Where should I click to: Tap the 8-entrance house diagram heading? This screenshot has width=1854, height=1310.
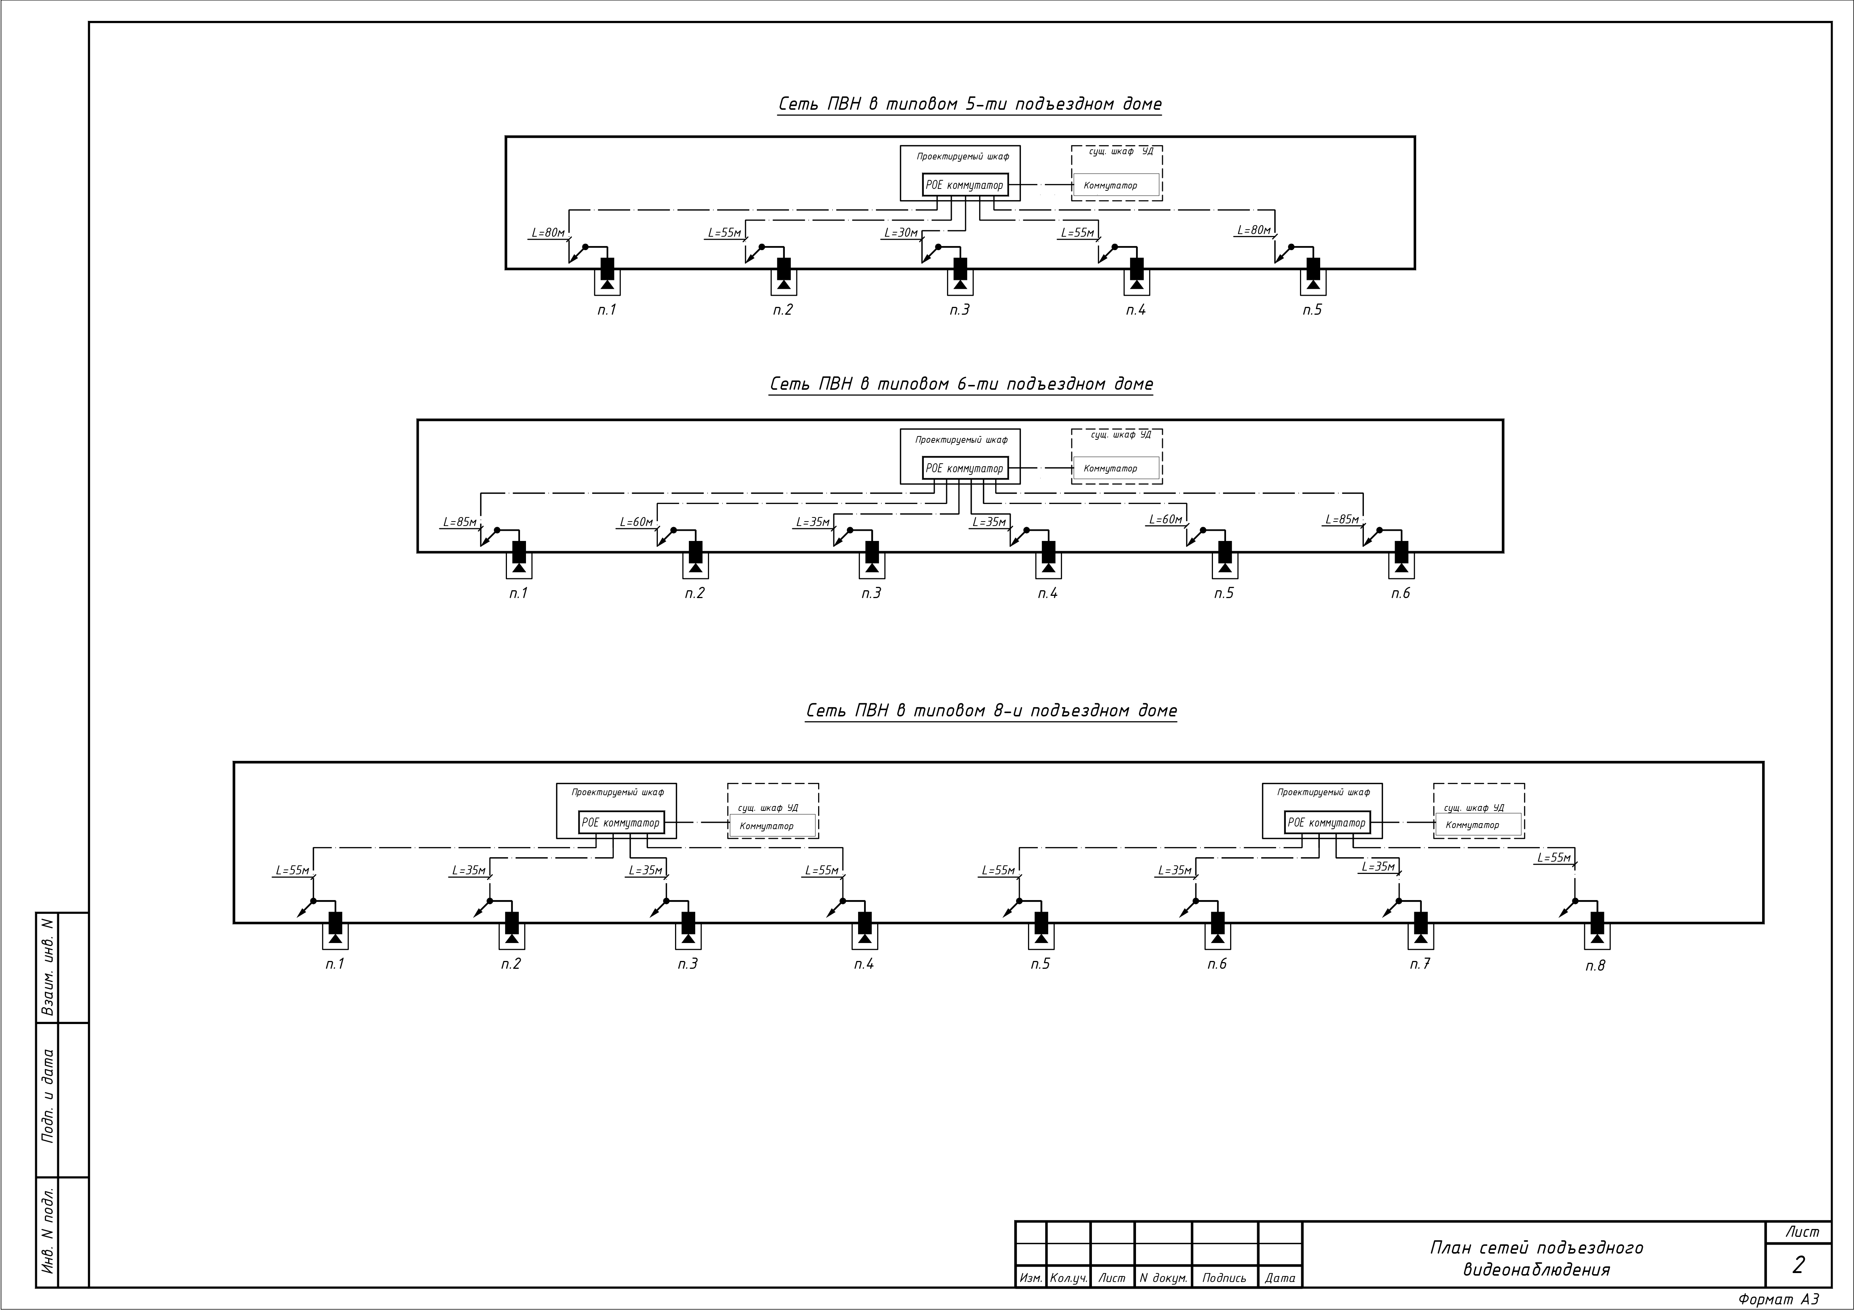pos(991,711)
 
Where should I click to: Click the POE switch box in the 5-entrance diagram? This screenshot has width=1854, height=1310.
pos(965,185)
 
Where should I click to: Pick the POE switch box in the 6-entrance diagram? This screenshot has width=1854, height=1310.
pos(965,468)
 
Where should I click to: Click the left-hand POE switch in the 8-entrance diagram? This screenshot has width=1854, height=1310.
pos(621,822)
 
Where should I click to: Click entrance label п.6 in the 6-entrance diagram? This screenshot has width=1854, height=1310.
pos(1400,593)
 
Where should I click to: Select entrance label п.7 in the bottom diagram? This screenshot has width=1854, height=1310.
pos(1420,964)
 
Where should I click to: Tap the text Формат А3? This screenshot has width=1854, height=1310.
pos(1779,1299)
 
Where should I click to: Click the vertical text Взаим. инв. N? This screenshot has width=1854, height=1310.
pos(48,967)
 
